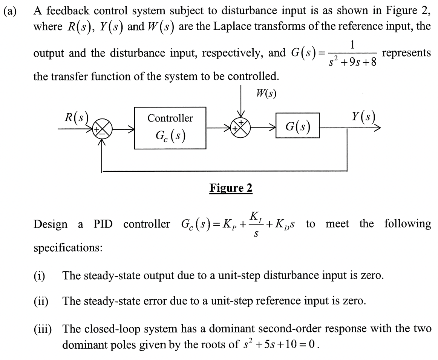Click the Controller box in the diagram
point(170,128)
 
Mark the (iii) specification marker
point(43,329)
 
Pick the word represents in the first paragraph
point(406,53)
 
